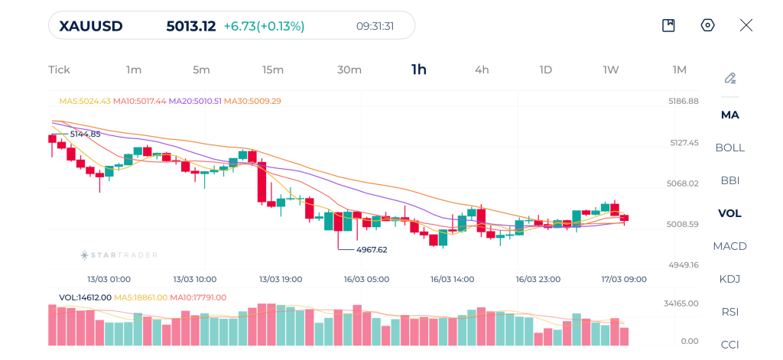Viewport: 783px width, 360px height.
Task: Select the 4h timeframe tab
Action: (482, 70)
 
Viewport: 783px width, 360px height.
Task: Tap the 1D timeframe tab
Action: (545, 70)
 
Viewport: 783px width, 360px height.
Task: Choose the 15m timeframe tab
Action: (273, 70)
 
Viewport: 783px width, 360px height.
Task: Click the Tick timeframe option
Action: (59, 70)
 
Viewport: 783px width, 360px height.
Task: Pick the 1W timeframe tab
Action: (610, 70)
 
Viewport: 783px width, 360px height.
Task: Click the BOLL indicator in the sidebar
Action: (729, 148)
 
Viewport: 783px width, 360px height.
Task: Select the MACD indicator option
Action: (729, 246)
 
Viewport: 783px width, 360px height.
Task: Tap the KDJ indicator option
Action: (729, 279)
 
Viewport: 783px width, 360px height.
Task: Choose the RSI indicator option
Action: (729, 312)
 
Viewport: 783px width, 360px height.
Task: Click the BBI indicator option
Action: (729, 180)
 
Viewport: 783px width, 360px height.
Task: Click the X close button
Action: (746, 25)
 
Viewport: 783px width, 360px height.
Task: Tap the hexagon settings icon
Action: (707, 25)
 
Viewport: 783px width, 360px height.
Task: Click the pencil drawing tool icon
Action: (730, 78)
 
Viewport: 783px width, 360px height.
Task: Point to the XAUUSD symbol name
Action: (91, 26)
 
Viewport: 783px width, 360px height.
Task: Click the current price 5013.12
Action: (191, 26)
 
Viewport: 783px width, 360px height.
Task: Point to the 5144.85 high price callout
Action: (85, 134)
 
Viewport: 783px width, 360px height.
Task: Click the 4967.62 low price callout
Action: (372, 249)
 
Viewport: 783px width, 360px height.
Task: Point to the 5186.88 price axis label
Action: (684, 101)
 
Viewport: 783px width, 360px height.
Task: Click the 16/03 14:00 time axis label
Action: (453, 279)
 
